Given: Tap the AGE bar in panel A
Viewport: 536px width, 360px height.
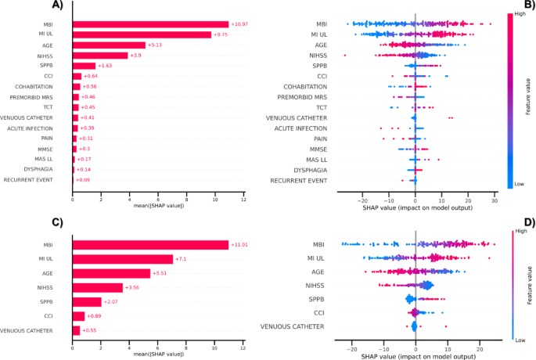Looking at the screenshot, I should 109,45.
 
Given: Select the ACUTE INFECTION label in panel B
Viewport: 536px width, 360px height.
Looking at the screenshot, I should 300,128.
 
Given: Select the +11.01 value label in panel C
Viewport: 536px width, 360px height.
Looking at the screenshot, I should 241,245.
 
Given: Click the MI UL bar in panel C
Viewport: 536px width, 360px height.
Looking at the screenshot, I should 122,259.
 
